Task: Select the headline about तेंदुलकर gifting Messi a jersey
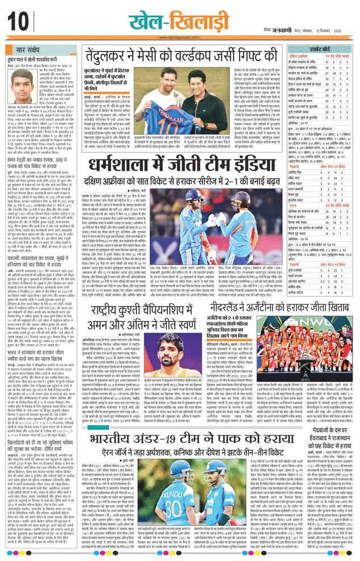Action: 187,56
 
